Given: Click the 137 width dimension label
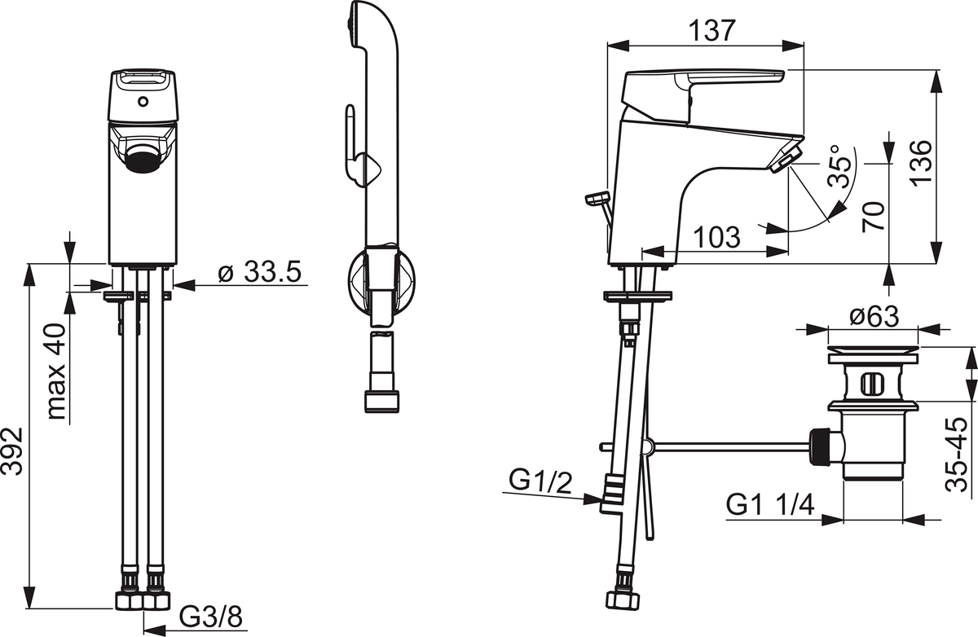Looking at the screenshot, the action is (x=712, y=30).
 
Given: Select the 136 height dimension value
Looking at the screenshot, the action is (x=921, y=164).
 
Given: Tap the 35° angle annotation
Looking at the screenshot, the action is (x=840, y=166).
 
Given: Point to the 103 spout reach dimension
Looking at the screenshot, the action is (x=717, y=237).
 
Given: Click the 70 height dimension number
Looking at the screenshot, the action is (x=874, y=216).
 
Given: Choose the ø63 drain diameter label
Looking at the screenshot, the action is (x=874, y=316).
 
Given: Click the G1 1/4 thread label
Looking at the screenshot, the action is (x=770, y=506).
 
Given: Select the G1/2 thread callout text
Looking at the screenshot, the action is (x=540, y=481).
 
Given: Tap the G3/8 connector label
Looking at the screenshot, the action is (x=211, y=617).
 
